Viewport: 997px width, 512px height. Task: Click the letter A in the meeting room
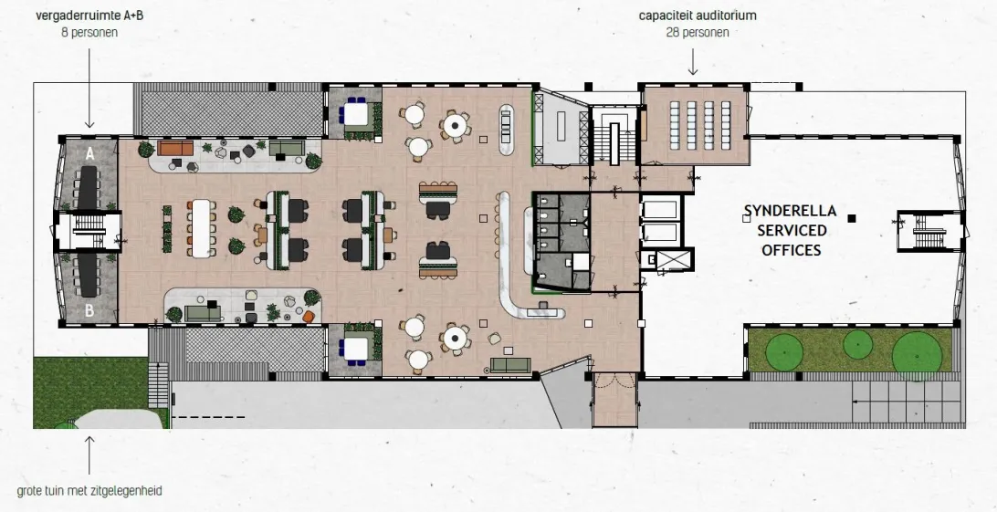click(x=89, y=153)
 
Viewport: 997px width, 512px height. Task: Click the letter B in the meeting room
click(x=89, y=311)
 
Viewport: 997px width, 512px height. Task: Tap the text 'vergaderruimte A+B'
click(x=89, y=16)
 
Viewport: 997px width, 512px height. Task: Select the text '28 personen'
click(x=698, y=32)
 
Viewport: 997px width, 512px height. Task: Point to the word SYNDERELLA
click(x=791, y=210)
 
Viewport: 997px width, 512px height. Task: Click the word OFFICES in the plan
click(x=792, y=250)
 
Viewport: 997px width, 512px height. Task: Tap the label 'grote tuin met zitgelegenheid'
click(x=89, y=491)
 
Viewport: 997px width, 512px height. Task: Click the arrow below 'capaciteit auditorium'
click(x=693, y=63)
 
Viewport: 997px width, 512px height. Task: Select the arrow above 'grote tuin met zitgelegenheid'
click(x=89, y=455)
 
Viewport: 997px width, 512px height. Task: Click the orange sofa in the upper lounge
click(x=175, y=149)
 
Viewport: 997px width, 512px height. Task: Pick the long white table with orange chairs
click(x=201, y=228)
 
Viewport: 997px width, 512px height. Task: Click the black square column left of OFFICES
click(x=852, y=218)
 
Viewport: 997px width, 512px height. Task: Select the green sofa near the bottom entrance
click(x=510, y=365)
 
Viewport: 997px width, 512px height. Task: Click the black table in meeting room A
click(x=89, y=187)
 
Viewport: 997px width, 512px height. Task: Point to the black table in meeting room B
click(x=89, y=277)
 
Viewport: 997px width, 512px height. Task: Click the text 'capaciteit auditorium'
click(x=698, y=16)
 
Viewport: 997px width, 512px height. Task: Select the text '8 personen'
click(x=89, y=32)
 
